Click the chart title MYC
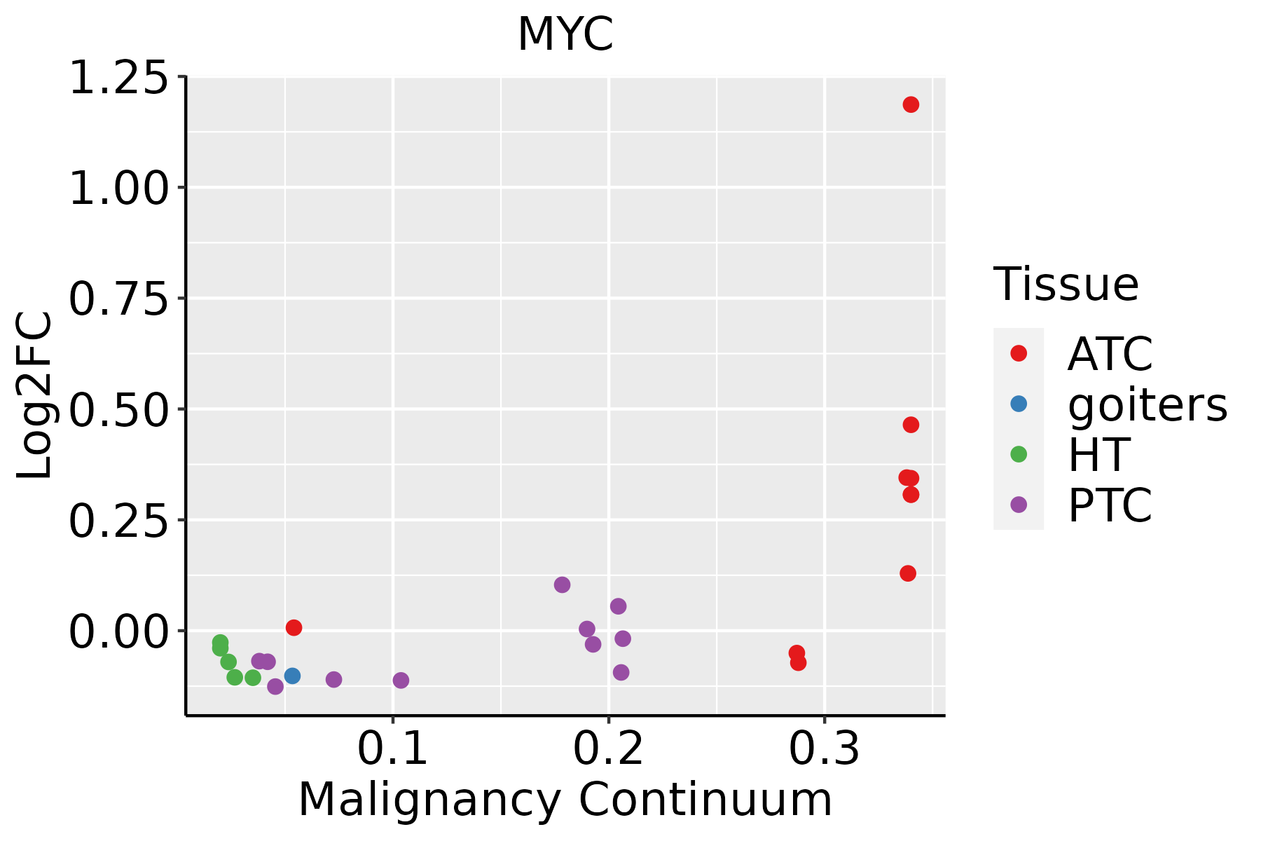tap(565, 34)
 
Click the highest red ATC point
tap(911, 104)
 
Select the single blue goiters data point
tap(292, 676)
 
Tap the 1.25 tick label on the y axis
tap(119, 78)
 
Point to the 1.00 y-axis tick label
tap(119, 189)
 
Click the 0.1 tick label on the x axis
tap(392, 748)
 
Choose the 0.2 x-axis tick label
tap(608, 748)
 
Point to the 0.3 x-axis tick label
tap(824, 748)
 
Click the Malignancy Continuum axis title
tap(565, 800)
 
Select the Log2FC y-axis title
tap(35, 396)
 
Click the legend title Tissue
tap(1066, 285)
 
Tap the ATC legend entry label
tap(1110, 354)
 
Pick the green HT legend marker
tap(1019, 454)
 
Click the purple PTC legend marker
tap(1019, 505)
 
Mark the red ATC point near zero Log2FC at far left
tap(294, 627)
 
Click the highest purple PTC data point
tap(562, 584)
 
